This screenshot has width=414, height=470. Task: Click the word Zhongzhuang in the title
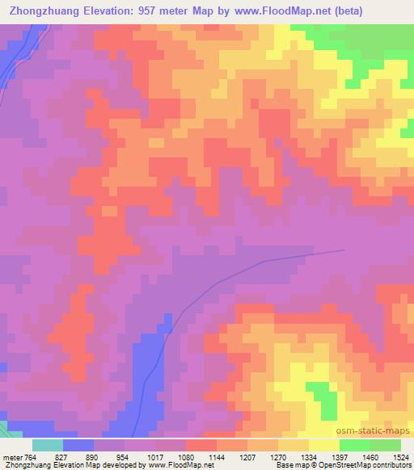(x=49, y=11)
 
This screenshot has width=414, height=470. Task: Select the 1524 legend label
(x=401, y=457)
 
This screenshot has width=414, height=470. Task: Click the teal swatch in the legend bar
(x=48, y=445)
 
